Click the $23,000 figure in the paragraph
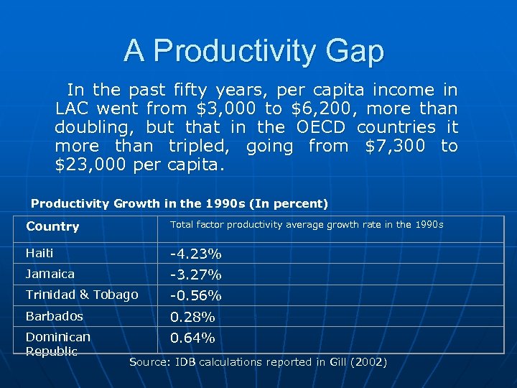tap(91, 165)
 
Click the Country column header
tap(52, 226)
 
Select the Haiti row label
tap(39, 253)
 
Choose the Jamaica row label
tap(50, 274)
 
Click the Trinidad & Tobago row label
tap(82, 295)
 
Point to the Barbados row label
tap(55, 316)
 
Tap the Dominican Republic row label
tap(57, 343)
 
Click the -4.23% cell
tap(195, 254)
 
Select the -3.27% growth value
tap(195, 275)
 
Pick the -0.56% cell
tap(195, 296)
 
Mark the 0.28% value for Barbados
tap(192, 317)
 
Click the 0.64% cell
tap(192, 338)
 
